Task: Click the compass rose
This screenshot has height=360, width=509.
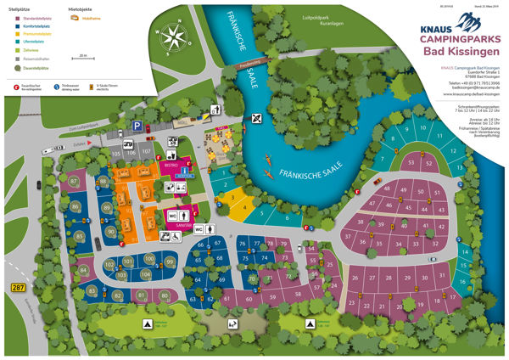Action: click(176, 37)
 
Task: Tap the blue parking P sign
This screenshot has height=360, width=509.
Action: click(136, 126)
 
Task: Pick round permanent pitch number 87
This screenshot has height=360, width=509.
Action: click(75, 182)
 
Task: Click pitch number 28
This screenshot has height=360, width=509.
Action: click(391, 277)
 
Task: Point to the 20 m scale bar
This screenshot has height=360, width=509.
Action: click(82, 57)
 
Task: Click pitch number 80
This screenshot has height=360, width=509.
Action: click(164, 295)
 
